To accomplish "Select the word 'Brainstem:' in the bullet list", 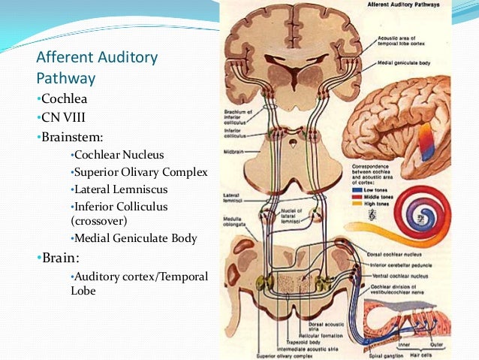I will (x=69, y=138).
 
